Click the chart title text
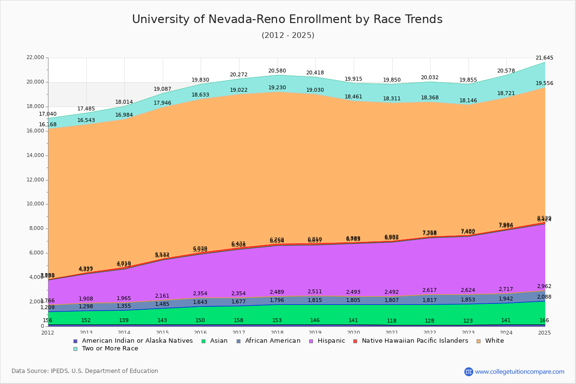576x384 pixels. [287, 20]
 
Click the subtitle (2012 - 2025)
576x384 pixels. [288, 36]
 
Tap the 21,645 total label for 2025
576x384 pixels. [544, 58]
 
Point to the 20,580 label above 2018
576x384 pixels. [277, 71]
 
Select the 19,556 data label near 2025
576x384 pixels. [544, 84]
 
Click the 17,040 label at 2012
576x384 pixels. [48, 114]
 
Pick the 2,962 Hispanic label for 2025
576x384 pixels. [544, 287]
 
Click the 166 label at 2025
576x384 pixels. [544, 321]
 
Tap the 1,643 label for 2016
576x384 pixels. [200, 302]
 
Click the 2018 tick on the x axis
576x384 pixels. [277, 333]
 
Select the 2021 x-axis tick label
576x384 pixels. [392, 333]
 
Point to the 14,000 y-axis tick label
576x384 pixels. [35, 156]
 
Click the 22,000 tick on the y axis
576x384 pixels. [35, 58]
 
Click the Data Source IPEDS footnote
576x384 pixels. [85, 371]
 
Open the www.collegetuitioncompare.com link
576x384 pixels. [519, 372]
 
